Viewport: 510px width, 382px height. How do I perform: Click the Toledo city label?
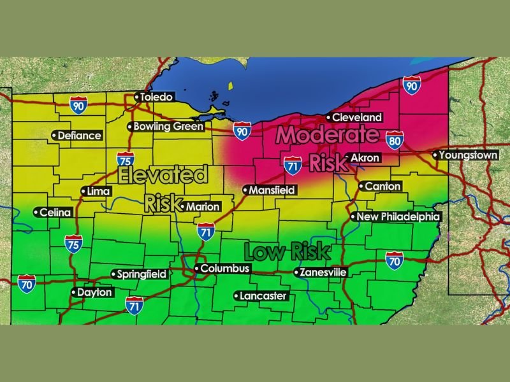coord(157,97)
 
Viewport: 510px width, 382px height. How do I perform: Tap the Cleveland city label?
coord(358,117)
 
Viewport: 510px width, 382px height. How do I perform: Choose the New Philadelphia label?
coord(398,217)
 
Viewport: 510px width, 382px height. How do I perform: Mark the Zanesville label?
coord(324,272)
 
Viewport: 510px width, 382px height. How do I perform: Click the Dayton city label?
coord(94,293)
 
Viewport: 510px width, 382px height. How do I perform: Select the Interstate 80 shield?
coord(395,140)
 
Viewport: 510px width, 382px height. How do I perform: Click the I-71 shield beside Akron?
coord(293,164)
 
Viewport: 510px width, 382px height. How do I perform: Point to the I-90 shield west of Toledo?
coord(78,105)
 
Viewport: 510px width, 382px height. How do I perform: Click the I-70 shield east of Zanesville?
coord(394,259)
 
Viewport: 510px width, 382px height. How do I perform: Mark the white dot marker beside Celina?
coord(36,213)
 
